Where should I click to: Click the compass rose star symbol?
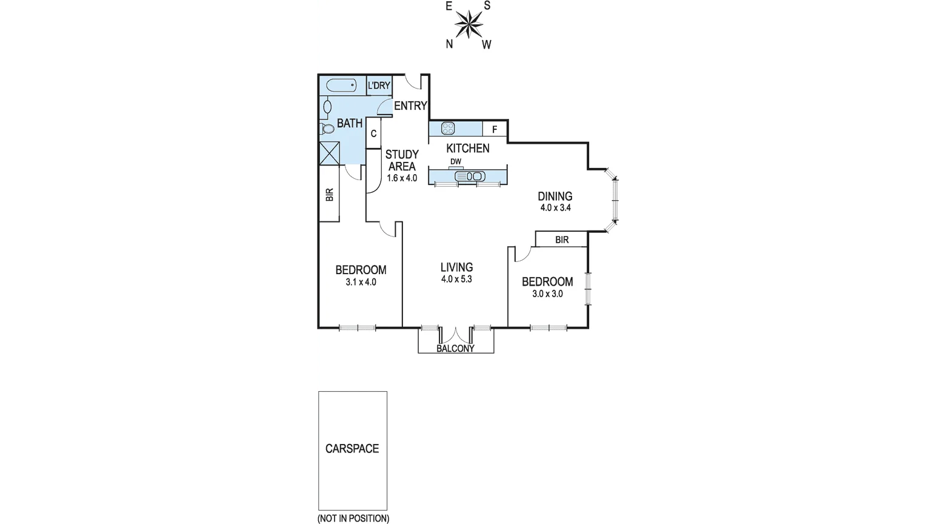(468, 25)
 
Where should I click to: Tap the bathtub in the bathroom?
(341, 86)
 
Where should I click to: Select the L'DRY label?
(379, 86)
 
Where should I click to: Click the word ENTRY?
(410, 106)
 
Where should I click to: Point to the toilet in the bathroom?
(328, 129)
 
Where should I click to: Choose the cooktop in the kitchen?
(448, 128)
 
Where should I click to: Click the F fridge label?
(495, 129)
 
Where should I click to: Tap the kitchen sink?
(470, 176)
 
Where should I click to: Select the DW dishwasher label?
(456, 161)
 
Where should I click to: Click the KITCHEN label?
(468, 149)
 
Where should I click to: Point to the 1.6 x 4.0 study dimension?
(402, 178)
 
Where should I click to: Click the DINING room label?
(555, 196)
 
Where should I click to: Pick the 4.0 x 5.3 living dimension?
(456, 280)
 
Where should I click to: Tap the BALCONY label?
(456, 349)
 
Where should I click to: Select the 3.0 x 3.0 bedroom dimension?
(547, 294)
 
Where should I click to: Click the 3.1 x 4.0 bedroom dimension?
(361, 282)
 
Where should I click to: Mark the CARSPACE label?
(352, 449)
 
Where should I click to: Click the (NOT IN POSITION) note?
(353, 519)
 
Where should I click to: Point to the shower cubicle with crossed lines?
(330, 153)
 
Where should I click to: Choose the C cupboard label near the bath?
(373, 133)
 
